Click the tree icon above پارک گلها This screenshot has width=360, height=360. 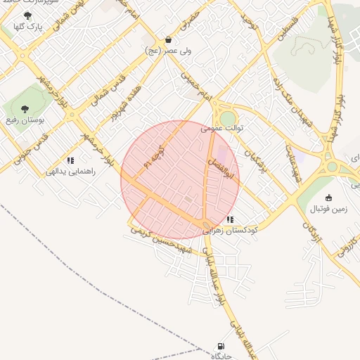click(x=27, y=15)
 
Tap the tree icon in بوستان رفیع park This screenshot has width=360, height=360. click(x=25, y=109)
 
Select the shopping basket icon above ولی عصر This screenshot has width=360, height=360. click(x=168, y=40)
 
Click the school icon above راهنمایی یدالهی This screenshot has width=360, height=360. click(x=70, y=161)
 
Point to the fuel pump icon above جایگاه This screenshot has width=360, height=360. click(x=221, y=347)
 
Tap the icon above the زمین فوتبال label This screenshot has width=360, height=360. click(x=328, y=198)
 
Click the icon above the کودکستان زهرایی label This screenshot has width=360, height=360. click(x=230, y=219)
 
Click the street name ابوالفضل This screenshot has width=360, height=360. click(x=212, y=165)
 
